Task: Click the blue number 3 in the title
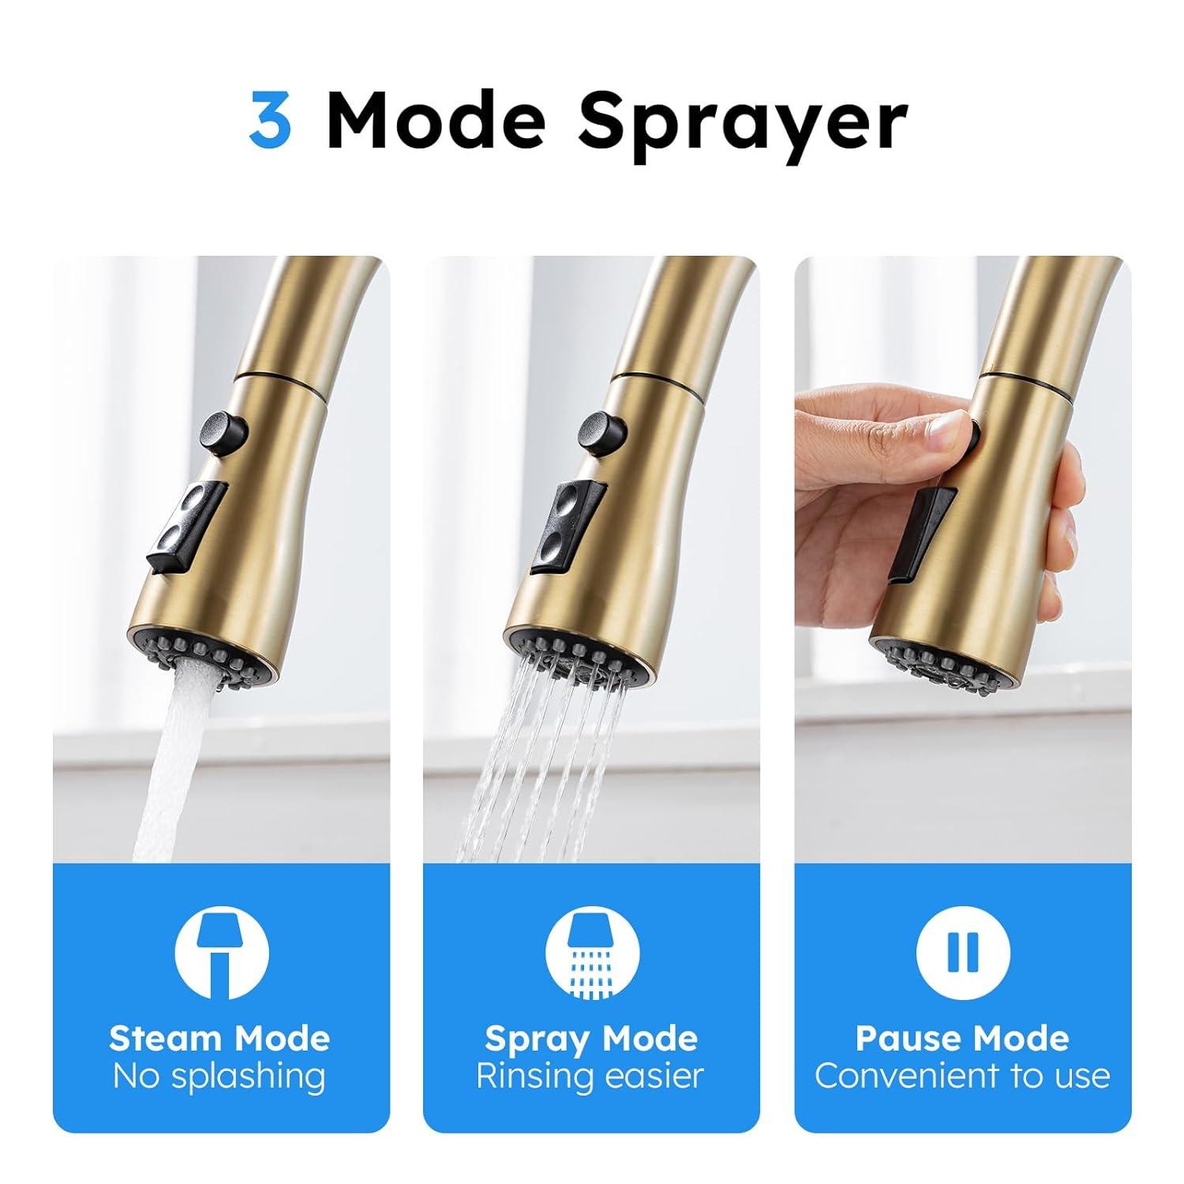click(x=270, y=120)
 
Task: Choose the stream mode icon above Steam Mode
click(x=222, y=953)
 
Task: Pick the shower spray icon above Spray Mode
click(x=591, y=953)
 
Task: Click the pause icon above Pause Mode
click(x=962, y=953)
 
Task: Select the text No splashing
click(x=219, y=1076)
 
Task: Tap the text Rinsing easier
click(x=590, y=1076)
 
